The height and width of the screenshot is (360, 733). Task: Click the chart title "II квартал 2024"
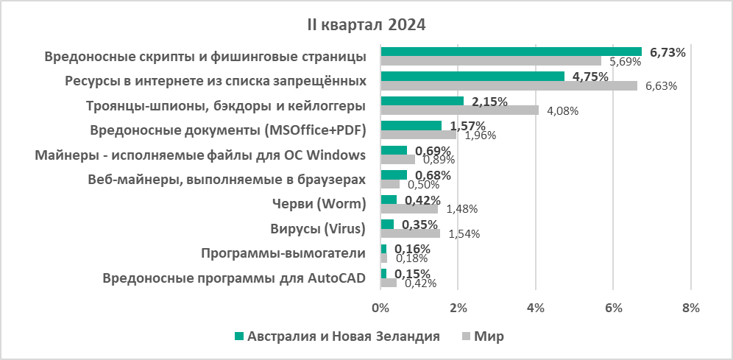click(366, 25)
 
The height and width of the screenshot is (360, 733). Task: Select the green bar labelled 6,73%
click(511, 52)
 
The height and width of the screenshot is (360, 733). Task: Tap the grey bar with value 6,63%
click(509, 85)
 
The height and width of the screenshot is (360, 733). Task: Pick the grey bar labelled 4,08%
click(459, 110)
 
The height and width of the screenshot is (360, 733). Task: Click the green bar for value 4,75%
click(472, 77)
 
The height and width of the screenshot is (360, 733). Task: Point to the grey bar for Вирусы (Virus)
click(410, 233)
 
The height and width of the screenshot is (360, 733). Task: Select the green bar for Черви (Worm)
click(389, 200)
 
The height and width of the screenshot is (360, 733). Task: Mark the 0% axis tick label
click(380, 307)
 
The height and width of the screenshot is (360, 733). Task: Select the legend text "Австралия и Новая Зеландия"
click(344, 336)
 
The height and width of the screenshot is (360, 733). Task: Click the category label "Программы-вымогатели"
click(283, 254)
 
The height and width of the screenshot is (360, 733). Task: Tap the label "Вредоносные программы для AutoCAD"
click(235, 279)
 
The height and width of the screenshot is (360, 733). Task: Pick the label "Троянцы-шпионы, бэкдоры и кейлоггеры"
click(226, 105)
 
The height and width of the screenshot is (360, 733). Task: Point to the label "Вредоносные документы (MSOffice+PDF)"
click(228, 130)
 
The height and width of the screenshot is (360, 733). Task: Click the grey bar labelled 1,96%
click(418, 135)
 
